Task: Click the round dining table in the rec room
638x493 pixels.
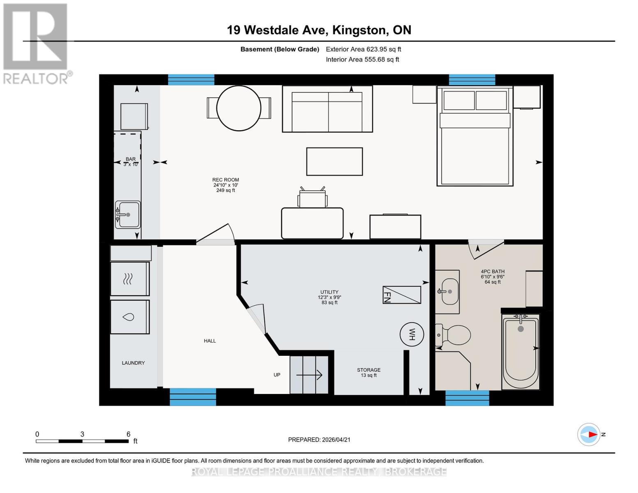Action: click(x=239, y=108)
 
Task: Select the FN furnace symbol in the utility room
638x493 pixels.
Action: click(x=401, y=295)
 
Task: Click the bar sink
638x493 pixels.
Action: click(x=128, y=214)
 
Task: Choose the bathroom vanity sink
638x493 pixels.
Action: click(x=448, y=291)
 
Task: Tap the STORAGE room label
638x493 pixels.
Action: click(x=369, y=370)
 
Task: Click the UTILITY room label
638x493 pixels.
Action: click(x=329, y=292)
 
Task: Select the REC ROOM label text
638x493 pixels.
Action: click(x=226, y=180)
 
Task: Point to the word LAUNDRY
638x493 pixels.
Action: click(x=133, y=363)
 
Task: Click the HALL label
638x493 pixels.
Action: click(x=210, y=341)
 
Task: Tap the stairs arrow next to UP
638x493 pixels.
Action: click(x=309, y=375)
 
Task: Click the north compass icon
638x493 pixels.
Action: click(x=589, y=434)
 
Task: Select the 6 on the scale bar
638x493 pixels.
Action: click(x=128, y=434)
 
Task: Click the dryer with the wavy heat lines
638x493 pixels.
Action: click(x=129, y=279)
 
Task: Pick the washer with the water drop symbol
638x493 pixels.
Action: click(x=129, y=317)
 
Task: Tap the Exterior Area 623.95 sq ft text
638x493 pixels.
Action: click(x=363, y=49)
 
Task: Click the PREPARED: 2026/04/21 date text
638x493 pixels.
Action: click(x=319, y=440)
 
